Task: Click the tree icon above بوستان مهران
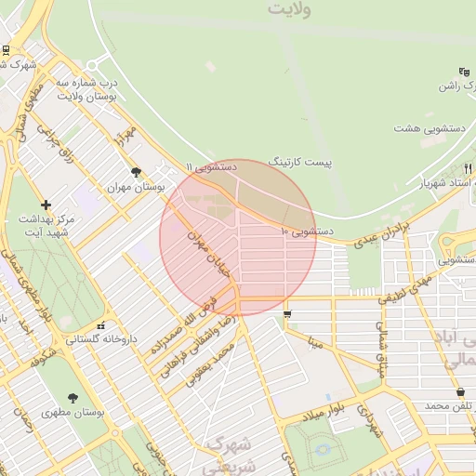[x=137, y=172]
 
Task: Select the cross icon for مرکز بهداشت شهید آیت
[x=46, y=204]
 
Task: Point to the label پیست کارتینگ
[x=299, y=162]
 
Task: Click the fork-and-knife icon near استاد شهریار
[x=466, y=168]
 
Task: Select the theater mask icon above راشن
[x=464, y=73]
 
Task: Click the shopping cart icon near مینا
[x=286, y=313]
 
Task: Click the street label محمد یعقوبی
[x=209, y=362]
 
